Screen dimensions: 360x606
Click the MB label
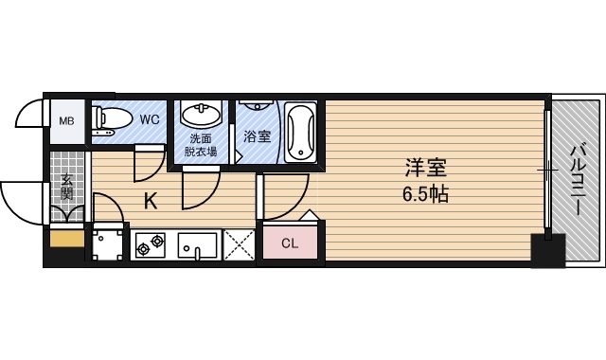click(x=66, y=121)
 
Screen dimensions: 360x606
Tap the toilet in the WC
click(x=113, y=119)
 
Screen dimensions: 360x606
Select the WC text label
click(x=150, y=120)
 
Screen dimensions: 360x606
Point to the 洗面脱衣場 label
click(x=200, y=144)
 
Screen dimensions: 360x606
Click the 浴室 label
click(x=257, y=135)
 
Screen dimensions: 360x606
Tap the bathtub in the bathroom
click(x=301, y=133)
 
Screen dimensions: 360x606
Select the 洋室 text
click(x=425, y=169)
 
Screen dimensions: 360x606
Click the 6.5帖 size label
click(x=425, y=195)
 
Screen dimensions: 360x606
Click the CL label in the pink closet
click(x=290, y=243)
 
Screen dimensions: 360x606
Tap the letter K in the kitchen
click(x=150, y=201)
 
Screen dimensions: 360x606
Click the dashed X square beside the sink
click(x=240, y=246)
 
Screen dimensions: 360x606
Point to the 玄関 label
click(x=67, y=186)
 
